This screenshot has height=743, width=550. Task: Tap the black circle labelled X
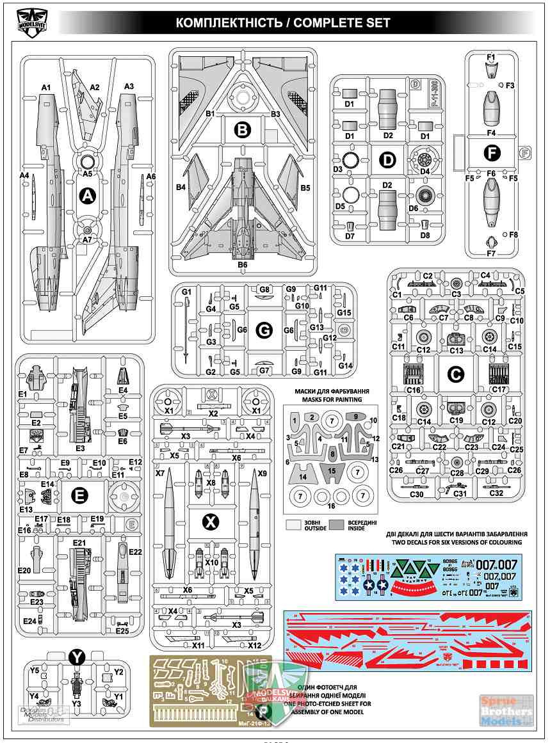211,522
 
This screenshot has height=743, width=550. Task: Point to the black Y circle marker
76,657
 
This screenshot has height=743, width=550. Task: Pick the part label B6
242,264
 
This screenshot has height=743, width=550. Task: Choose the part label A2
95,87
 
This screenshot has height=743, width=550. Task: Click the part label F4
491,133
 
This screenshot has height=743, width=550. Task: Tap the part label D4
425,171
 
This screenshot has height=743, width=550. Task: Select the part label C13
456,350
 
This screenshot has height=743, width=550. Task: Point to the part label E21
79,543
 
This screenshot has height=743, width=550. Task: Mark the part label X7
160,474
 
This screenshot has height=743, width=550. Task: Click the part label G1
187,292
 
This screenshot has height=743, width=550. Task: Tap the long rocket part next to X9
255,525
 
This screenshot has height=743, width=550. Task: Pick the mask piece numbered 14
303,477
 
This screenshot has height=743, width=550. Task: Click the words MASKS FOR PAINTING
328,399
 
